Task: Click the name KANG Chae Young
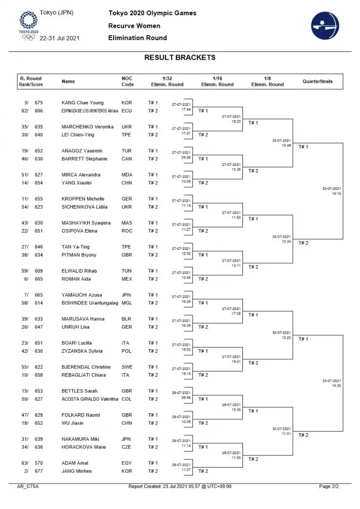[82, 102]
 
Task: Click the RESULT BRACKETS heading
[180, 58]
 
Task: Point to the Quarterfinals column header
[317, 81]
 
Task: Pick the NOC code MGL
[127, 303]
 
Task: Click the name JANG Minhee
[76, 471]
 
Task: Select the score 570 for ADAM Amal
[39, 463]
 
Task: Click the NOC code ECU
[126, 110]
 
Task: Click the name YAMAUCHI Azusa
[81, 295]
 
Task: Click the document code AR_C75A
[28, 487]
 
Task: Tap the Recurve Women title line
[134, 25]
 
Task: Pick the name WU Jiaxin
[72, 423]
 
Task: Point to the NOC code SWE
[127, 367]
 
